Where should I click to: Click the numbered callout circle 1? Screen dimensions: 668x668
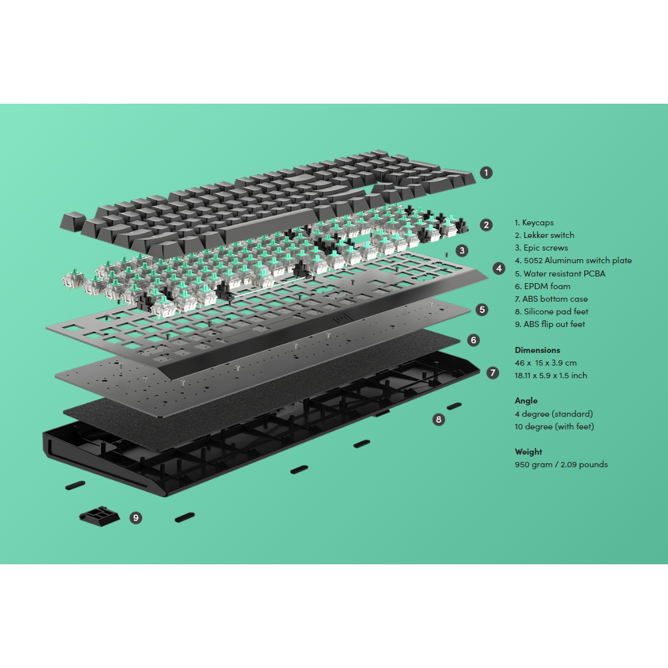pyautogui.click(x=487, y=173)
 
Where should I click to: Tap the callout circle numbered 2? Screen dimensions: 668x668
pyautogui.click(x=487, y=225)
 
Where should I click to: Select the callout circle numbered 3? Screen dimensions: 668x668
pyautogui.click(x=462, y=251)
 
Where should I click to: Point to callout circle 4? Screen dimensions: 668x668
pyautogui.click(x=499, y=269)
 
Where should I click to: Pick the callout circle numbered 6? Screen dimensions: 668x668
pyautogui.click(x=473, y=340)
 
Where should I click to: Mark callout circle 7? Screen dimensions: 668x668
pyautogui.click(x=493, y=373)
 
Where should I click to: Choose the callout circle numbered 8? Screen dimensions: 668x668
pyautogui.click(x=438, y=419)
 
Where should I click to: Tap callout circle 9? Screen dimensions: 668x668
pyautogui.click(x=136, y=517)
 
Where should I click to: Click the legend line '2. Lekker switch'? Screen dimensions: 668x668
pyautogui.click(x=544, y=235)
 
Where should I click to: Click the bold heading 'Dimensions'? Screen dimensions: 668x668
pyautogui.click(x=537, y=350)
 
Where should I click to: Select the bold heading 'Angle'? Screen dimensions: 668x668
pyautogui.click(x=526, y=401)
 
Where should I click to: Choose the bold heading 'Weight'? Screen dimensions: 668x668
pyautogui.click(x=528, y=451)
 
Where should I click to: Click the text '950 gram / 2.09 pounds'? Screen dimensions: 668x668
pyautogui.click(x=561, y=465)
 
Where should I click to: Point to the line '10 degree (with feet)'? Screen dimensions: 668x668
pyautogui.click(x=554, y=427)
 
